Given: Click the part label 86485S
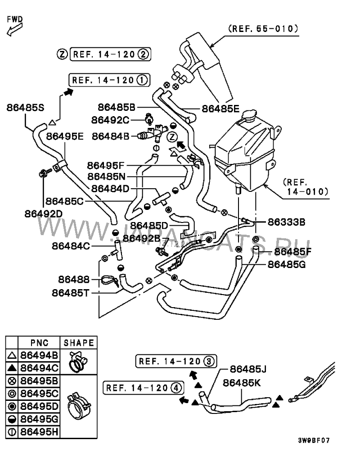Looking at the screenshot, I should [x=26, y=108].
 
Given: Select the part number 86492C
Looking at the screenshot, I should [x=110, y=120].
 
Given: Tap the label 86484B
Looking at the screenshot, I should [x=111, y=135].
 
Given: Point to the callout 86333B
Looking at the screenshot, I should [x=287, y=222].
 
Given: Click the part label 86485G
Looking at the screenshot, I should [x=287, y=264].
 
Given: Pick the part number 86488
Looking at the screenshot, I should [x=74, y=279].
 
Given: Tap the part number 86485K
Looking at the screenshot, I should [x=242, y=382].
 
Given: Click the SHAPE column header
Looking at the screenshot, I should [x=79, y=343].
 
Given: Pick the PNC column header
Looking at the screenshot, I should [x=39, y=343].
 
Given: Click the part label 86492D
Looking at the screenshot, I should [x=44, y=213].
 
